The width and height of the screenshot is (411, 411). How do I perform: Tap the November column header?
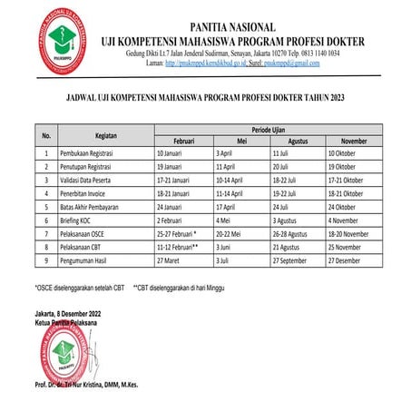tap(355, 142)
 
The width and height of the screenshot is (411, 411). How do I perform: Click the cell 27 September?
tap(296, 259)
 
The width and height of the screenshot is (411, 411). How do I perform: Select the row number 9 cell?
tap(45, 259)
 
